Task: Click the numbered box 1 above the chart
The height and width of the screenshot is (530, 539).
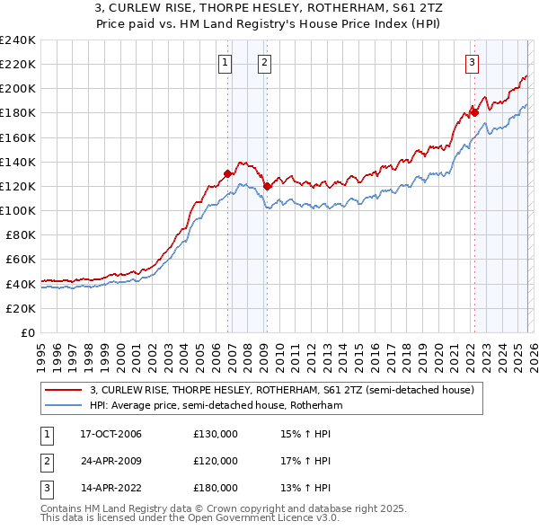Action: pyautogui.click(x=224, y=62)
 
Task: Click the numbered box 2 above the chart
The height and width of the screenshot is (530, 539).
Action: pyautogui.click(x=264, y=62)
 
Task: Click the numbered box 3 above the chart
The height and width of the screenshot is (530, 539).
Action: pyautogui.click(x=471, y=62)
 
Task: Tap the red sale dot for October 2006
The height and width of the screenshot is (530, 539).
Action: pyautogui.click(x=228, y=173)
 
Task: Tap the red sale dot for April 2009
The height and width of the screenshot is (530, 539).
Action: pyautogui.click(x=268, y=186)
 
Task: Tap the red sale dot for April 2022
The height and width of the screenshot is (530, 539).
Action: pyautogui.click(x=473, y=112)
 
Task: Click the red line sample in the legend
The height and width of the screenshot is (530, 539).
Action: pyautogui.click(x=64, y=390)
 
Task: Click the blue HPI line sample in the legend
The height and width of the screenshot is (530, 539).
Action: pyautogui.click(x=64, y=405)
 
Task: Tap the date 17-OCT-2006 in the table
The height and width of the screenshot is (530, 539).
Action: pyautogui.click(x=110, y=434)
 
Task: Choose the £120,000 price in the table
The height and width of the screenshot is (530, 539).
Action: pyautogui.click(x=216, y=461)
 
